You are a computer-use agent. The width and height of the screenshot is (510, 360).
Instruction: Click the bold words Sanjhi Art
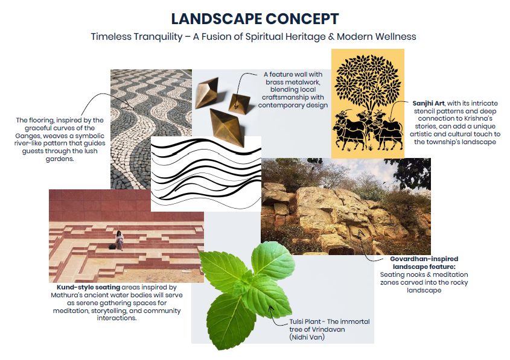pyautogui.click(x=429, y=103)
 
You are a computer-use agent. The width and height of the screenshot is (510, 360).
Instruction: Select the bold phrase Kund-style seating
pyautogui.click(x=89, y=288)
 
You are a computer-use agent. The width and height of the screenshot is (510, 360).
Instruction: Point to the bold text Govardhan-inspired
pyautogui.click(x=424, y=259)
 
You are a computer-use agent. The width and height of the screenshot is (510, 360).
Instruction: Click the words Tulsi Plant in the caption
pyautogui.click(x=306, y=321)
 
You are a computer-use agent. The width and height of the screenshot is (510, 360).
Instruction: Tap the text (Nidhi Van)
pyautogui.click(x=307, y=337)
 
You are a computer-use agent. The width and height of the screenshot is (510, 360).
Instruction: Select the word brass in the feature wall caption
pyautogui.click(x=273, y=82)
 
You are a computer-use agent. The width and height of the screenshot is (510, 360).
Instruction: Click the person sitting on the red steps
pyautogui.click(x=120, y=240)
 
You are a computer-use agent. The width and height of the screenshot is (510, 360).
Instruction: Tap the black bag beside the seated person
pyautogui.click(x=112, y=247)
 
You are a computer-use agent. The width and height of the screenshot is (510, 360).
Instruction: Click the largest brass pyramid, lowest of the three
pyautogui.click(x=227, y=127)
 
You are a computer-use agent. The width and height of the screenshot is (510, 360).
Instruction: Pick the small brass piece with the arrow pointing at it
pyautogui.click(x=240, y=103)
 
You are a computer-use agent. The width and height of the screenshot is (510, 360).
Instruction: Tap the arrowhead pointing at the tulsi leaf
pyautogui.click(x=270, y=308)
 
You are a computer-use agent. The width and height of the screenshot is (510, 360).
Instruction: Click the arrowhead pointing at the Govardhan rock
pyautogui.click(x=360, y=233)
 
